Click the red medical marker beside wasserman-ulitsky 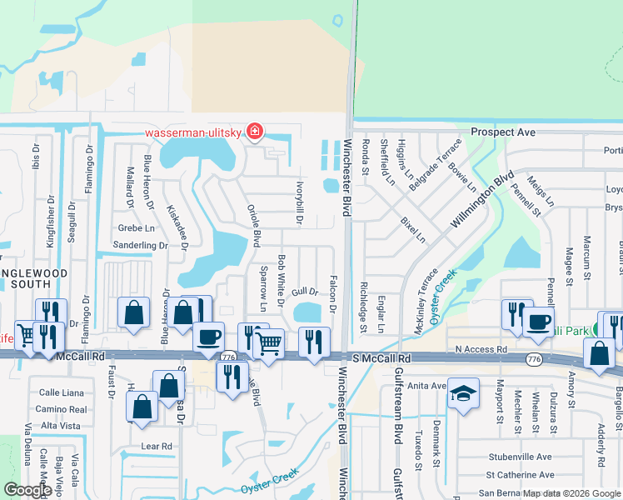(x=254, y=132)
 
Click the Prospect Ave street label (x=502, y=132)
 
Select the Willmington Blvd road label (x=479, y=202)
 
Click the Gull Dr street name (x=306, y=292)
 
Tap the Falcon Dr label (x=332, y=294)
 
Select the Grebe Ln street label (x=137, y=227)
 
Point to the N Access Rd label (x=481, y=349)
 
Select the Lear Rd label (x=157, y=446)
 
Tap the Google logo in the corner (x=28, y=490)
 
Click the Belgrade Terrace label (x=433, y=157)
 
